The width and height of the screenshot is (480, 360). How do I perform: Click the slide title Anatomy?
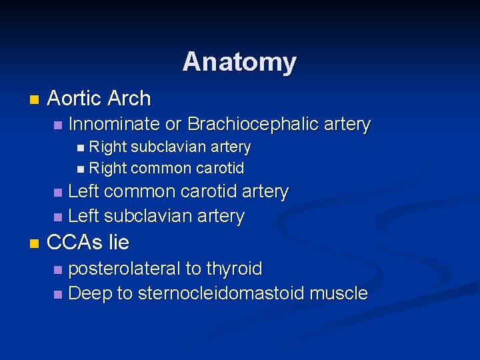(239, 62)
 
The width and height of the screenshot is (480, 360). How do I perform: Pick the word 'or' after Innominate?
(173, 124)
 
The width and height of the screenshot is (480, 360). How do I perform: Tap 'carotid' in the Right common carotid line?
(219, 167)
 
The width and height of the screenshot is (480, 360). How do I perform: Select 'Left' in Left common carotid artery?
(84, 192)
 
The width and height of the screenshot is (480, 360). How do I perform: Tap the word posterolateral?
(124, 269)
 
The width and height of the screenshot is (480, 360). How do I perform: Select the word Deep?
(89, 293)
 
